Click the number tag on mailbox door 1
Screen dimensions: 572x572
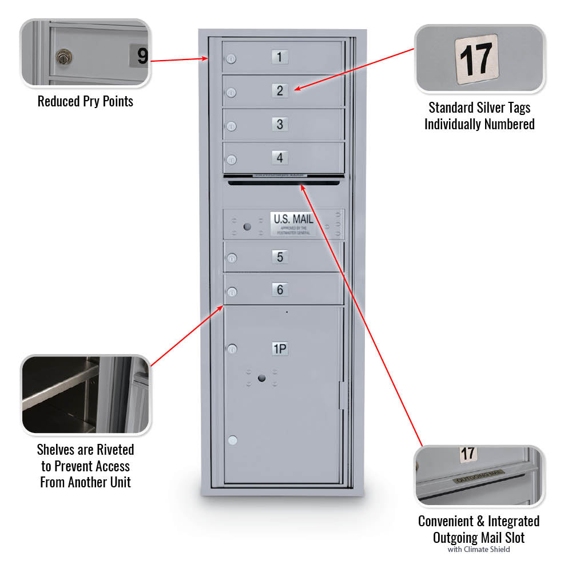(279, 57)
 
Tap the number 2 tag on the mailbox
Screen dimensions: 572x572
(280, 90)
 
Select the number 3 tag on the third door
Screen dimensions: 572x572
(280, 124)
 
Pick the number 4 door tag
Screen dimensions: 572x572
(280, 157)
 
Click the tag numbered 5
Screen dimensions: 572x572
(280, 257)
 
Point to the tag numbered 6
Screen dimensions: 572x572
(280, 290)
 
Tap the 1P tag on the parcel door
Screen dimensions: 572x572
(280, 348)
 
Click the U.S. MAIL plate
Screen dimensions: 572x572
(293, 223)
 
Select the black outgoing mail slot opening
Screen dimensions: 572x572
(284, 183)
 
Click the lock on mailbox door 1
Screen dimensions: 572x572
(231, 59)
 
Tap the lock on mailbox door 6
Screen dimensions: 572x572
(232, 292)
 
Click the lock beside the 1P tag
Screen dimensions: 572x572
(232, 348)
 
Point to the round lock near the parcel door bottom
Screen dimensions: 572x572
(232, 440)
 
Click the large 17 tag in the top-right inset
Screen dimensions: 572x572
(476, 59)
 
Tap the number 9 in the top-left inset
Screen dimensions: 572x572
(141, 56)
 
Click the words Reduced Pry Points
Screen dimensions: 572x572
(85, 102)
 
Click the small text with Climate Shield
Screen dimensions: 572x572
(478, 550)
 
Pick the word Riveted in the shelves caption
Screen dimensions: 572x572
(114, 450)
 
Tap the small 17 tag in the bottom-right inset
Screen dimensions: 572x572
(468, 454)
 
